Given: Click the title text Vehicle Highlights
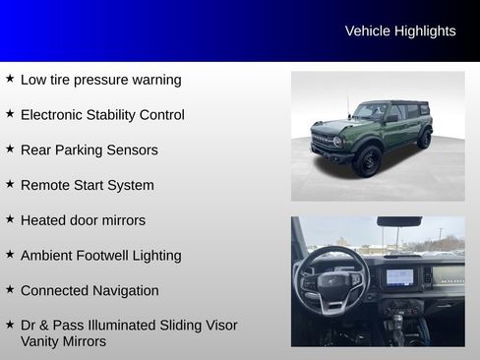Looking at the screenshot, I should click(x=400, y=31).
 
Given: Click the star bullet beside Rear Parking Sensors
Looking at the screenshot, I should click(x=10, y=149).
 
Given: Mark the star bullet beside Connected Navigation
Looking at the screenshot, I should click(x=10, y=289).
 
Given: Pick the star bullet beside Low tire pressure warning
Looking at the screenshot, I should click(x=10, y=78).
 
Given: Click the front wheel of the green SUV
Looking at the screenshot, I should click(x=367, y=160).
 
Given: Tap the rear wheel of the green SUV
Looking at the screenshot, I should click(x=424, y=139).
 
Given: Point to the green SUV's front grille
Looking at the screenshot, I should click(x=323, y=142).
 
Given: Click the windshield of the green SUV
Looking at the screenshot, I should click(x=371, y=112).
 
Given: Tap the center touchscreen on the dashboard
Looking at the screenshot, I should click(x=400, y=276).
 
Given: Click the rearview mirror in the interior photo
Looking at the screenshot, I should click(x=398, y=222).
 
